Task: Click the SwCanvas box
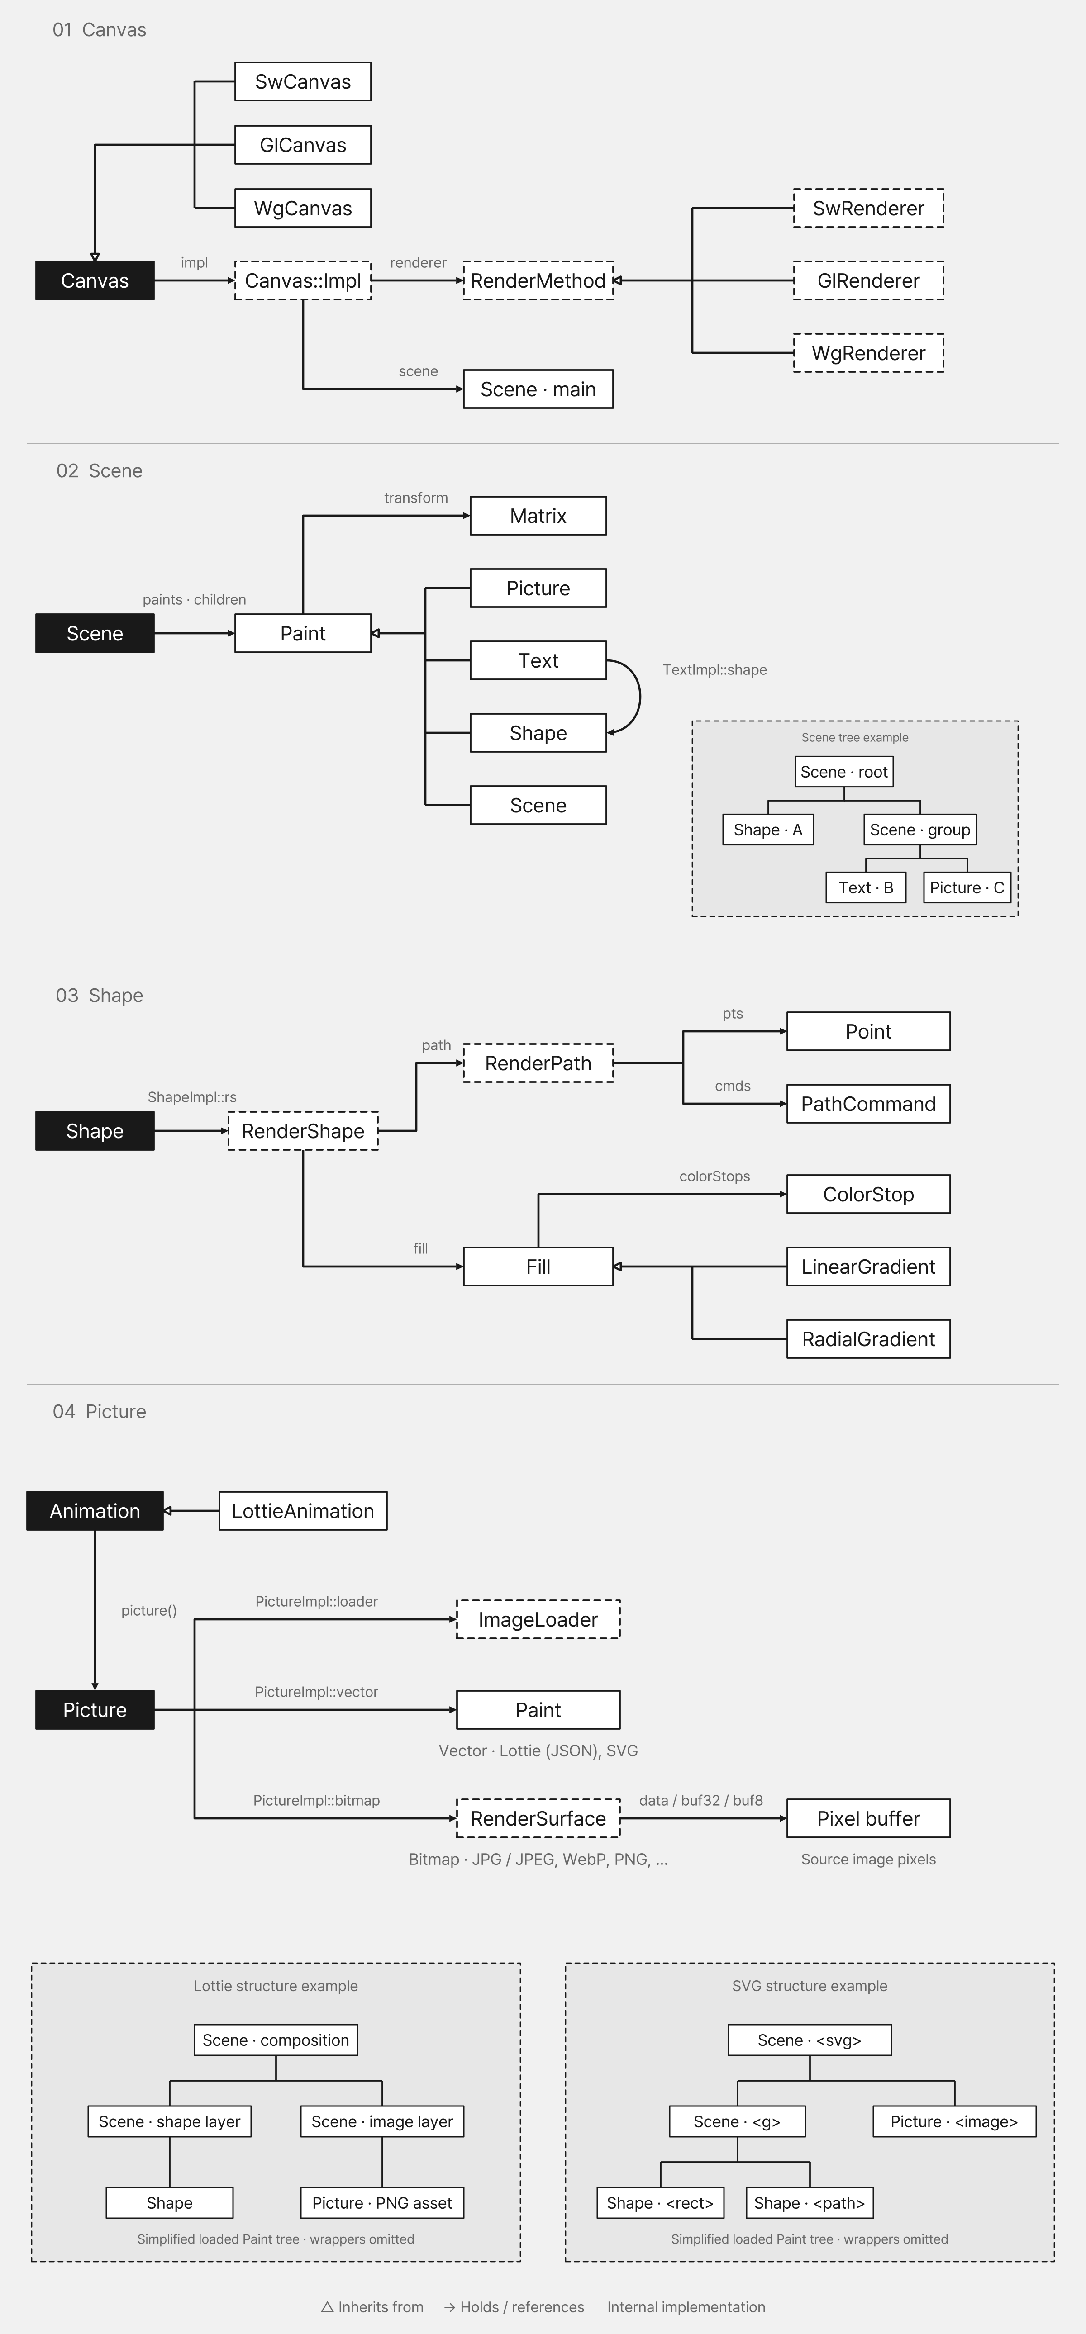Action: (303, 81)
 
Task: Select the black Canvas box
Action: (94, 281)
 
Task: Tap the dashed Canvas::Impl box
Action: (303, 281)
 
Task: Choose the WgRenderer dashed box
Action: (868, 353)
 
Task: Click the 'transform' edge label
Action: (416, 498)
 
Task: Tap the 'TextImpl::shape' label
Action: (714, 669)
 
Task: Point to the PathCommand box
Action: (868, 1104)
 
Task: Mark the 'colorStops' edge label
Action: (714, 1176)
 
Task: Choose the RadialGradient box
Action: (868, 1339)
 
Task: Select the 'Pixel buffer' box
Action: (868, 1818)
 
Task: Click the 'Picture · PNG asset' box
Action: (381, 2203)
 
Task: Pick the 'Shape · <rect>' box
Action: (660, 2203)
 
